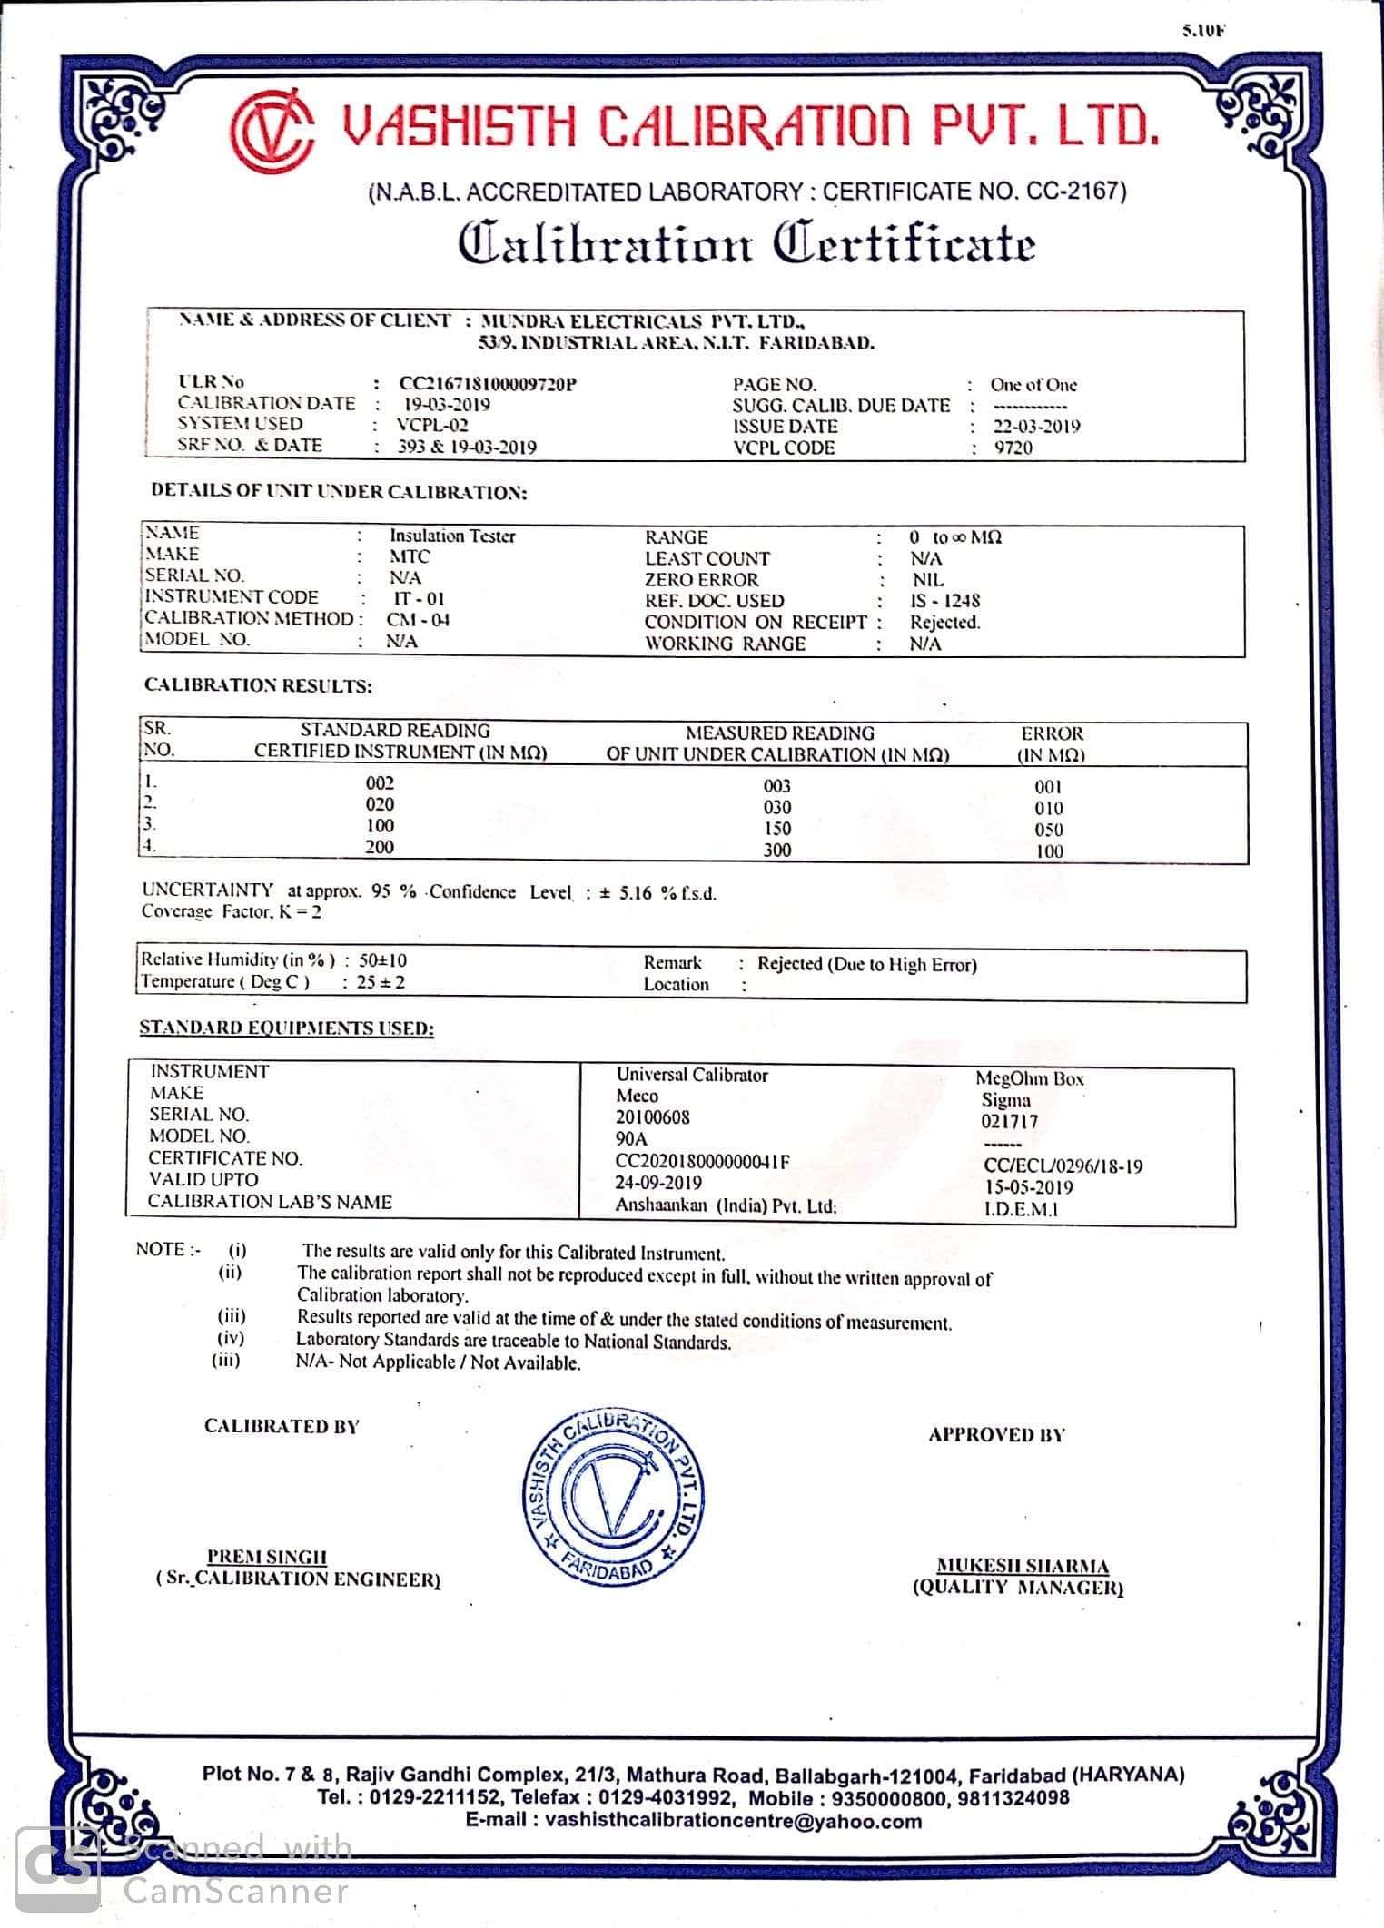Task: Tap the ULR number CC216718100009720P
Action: (488, 383)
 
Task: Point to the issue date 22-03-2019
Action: (1036, 427)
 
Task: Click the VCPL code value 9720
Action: (1013, 448)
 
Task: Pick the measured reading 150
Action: (777, 829)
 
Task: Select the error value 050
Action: (1048, 830)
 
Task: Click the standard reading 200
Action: (380, 847)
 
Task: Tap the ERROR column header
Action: (1052, 743)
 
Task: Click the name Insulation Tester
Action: (452, 536)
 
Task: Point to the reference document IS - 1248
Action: (944, 601)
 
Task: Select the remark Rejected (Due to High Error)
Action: (867, 964)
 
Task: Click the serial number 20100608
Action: (652, 1117)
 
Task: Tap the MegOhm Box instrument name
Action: (1030, 1078)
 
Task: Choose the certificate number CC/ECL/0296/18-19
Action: (1063, 1166)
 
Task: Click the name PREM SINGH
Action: (267, 1557)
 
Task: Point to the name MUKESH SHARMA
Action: (1023, 1566)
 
